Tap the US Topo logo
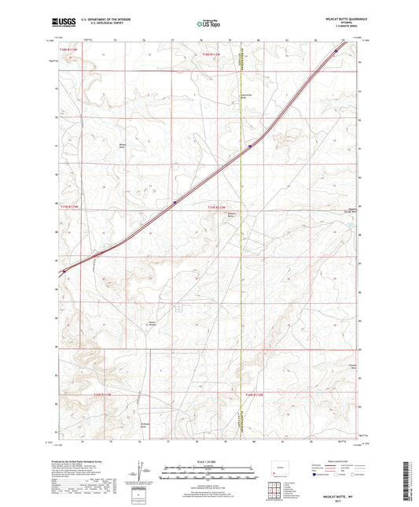click(x=208, y=24)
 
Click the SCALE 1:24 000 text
click(x=209, y=461)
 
